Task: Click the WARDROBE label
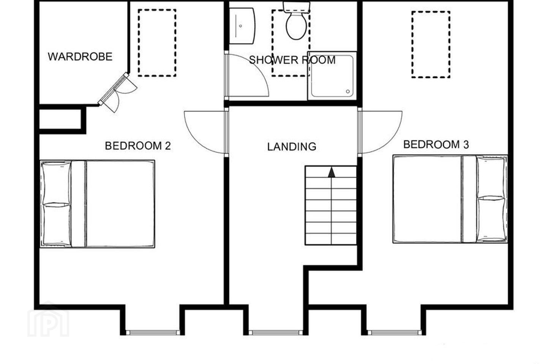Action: (80, 57)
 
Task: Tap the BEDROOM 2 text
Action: (138, 146)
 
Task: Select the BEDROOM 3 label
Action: (436, 144)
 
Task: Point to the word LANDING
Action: (292, 146)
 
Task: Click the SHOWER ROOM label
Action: (292, 60)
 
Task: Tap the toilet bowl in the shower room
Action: (296, 26)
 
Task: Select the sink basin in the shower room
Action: (242, 26)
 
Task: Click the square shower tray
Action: (332, 76)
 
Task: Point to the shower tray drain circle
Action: (348, 91)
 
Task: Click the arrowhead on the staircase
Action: (331, 172)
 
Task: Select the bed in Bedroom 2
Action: (97, 204)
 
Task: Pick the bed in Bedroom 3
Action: (450, 199)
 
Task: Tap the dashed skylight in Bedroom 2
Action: (157, 43)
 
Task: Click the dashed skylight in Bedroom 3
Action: (431, 45)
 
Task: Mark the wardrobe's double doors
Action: (117, 93)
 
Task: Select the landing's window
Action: (276, 332)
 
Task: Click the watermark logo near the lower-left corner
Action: (48, 319)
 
